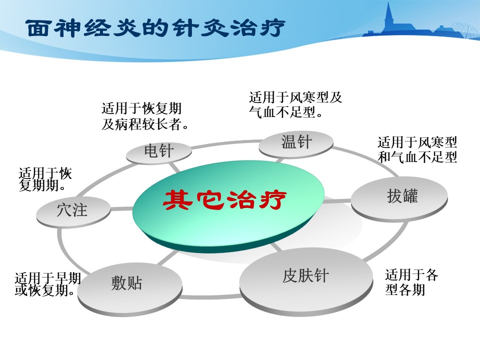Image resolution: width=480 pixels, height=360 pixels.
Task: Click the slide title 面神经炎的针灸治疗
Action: [x=156, y=28]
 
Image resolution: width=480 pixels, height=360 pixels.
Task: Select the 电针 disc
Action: [x=159, y=152]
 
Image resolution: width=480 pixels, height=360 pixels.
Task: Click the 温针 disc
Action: [x=296, y=144]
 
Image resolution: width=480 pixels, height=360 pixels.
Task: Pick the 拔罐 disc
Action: [x=399, y=198]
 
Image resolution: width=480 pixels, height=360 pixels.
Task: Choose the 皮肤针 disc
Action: [x=306, y=280]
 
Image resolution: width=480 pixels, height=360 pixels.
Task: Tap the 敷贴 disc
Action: [x=130, y=288]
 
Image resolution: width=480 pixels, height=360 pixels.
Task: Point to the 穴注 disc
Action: [x=73, y=211]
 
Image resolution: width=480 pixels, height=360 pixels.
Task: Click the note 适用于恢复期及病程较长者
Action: [x=145, y=116]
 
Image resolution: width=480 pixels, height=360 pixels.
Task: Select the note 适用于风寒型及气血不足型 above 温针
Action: [x=295, y=104]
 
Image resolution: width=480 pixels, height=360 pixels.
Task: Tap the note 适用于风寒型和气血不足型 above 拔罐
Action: [x=417, y=149]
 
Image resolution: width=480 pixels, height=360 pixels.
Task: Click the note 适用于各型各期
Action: [x=411, y=282]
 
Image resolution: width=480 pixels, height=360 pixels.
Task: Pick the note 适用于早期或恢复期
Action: [x=48, y=284]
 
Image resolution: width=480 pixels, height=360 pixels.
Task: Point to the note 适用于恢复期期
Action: [x=45, y=179]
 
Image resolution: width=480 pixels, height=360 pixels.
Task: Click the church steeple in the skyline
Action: [x=389, y=16]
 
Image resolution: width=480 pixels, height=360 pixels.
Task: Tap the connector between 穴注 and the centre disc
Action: [x=121, y=209]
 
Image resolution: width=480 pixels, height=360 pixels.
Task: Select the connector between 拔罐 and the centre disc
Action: [x=336, y=201]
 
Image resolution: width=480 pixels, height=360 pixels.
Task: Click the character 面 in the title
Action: [x=37, y=28]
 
